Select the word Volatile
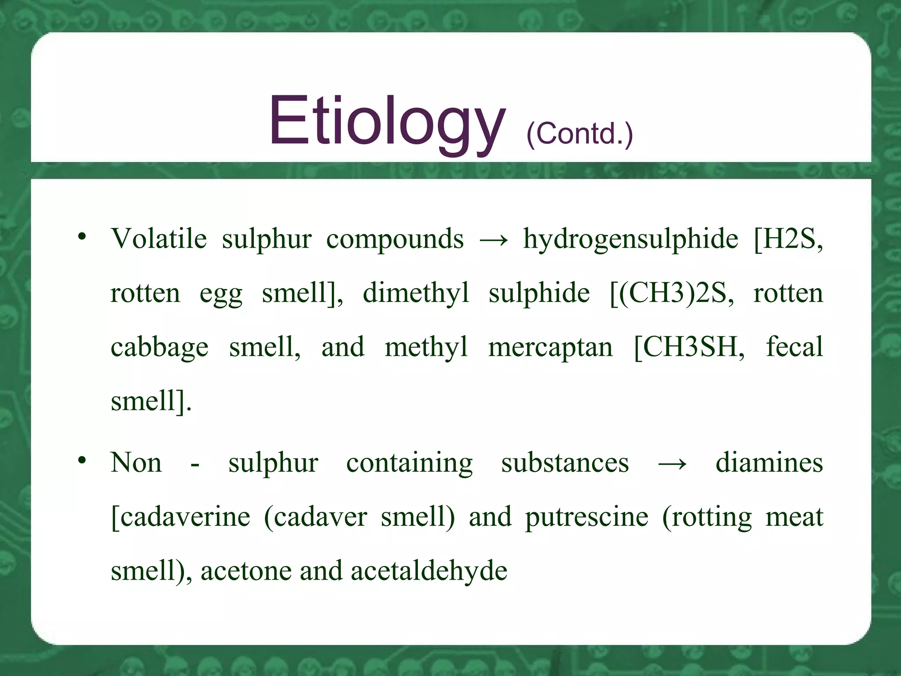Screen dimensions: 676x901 click(x=159, y=239)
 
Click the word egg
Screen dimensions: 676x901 click(x=221, y=294)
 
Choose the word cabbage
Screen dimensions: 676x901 click(x=159, y=348)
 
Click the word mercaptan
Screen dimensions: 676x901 click(x=550, y=348)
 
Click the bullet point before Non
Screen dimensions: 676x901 click(x=82, y=460)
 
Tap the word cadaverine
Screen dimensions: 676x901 click(x=185, y=517)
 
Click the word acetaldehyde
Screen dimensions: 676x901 click(x=429, y=571)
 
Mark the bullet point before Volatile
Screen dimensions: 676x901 click(x=82, y=237)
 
